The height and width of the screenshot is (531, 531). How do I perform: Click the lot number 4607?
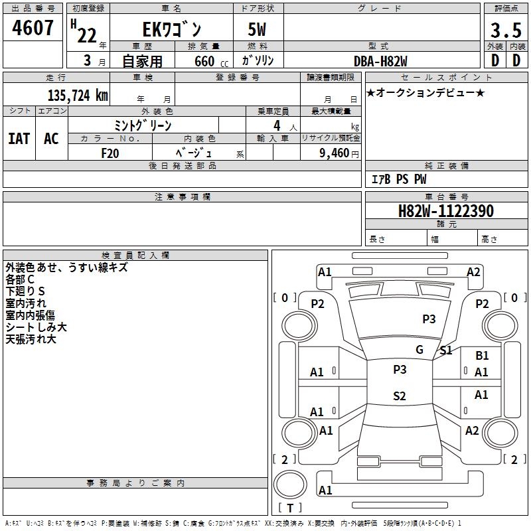(x=33, y=29)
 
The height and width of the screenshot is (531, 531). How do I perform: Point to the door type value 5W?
(x=258, y=30)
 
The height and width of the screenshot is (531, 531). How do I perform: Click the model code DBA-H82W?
(x=380, y=60)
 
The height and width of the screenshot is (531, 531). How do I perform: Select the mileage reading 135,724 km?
(x=77, y=95)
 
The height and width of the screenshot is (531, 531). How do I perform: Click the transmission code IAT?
(x=19, y=138)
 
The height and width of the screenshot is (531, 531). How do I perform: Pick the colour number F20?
(x=110, y=153)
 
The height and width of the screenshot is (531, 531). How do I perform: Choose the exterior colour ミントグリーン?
(x=143, y=125)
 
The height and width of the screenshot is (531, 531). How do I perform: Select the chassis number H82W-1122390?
(x=445, y=211)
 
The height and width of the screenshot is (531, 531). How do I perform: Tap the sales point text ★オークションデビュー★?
(x=425, y=92)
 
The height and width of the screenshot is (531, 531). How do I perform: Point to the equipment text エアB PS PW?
(x=398, y=179)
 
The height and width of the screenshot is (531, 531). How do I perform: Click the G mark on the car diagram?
(x=419, y=350)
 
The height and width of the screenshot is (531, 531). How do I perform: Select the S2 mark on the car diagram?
(x=399, y=396)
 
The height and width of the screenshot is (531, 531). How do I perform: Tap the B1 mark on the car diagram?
(x=482, y=356)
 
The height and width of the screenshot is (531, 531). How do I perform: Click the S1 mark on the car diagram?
(x=446, y=350)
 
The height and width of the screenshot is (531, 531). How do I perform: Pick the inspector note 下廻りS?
(x=25, y=291)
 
